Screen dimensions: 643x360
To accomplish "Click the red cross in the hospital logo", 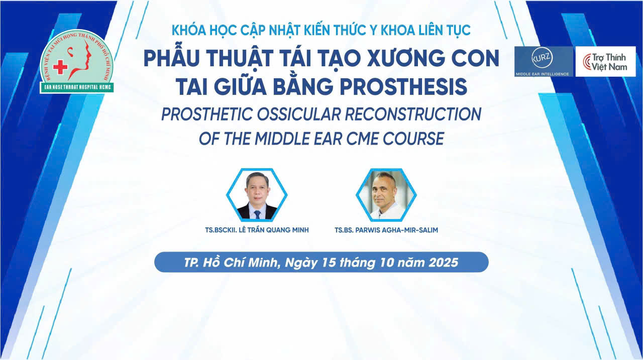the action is [60, 67].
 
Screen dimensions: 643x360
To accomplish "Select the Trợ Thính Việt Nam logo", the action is [605, 62].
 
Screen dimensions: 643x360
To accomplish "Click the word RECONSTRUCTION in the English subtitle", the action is [413, 114].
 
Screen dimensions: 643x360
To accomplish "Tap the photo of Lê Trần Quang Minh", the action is [257, 195].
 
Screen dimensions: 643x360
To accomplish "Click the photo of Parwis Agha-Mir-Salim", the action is [386, 195].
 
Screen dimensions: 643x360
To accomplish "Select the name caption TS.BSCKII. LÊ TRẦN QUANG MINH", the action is [257, 230].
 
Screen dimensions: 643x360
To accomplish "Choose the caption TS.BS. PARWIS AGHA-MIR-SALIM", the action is [386, 230].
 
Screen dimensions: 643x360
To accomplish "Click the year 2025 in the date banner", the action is [443, 263].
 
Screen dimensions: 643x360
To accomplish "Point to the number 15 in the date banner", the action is [329, 263].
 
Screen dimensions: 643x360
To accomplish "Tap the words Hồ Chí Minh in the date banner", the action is [240, 263].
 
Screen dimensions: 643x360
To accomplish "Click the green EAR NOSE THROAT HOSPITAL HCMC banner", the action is [77, 87].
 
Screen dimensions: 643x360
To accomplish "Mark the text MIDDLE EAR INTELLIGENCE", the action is [542, 74].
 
